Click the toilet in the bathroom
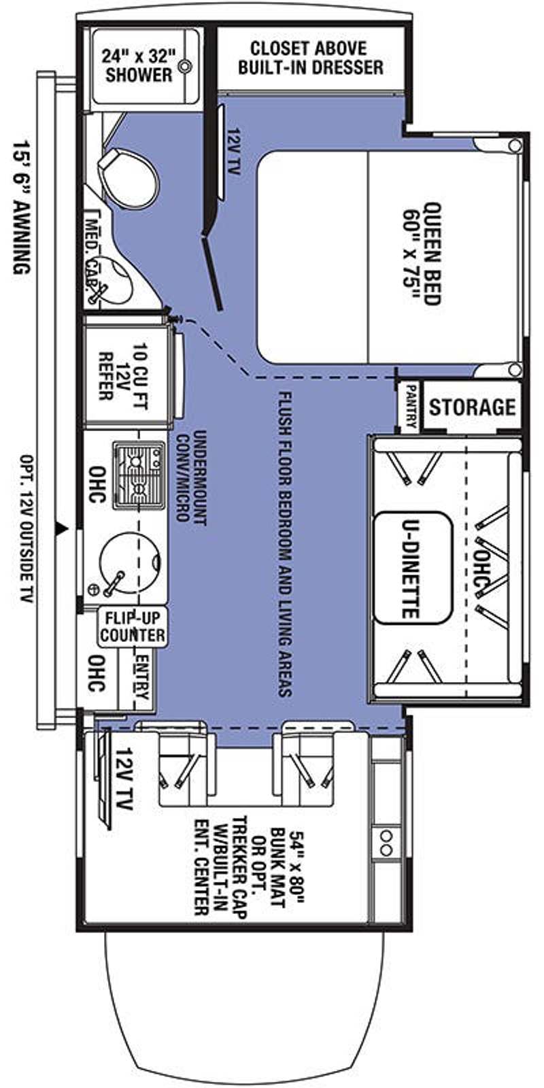coord(129,180)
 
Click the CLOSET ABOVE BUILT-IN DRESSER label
coord(310,58)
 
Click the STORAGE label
coord(472,407)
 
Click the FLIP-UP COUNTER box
coord(132,626)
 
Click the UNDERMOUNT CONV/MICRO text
coord(191,475)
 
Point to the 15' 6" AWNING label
coord(22,208)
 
